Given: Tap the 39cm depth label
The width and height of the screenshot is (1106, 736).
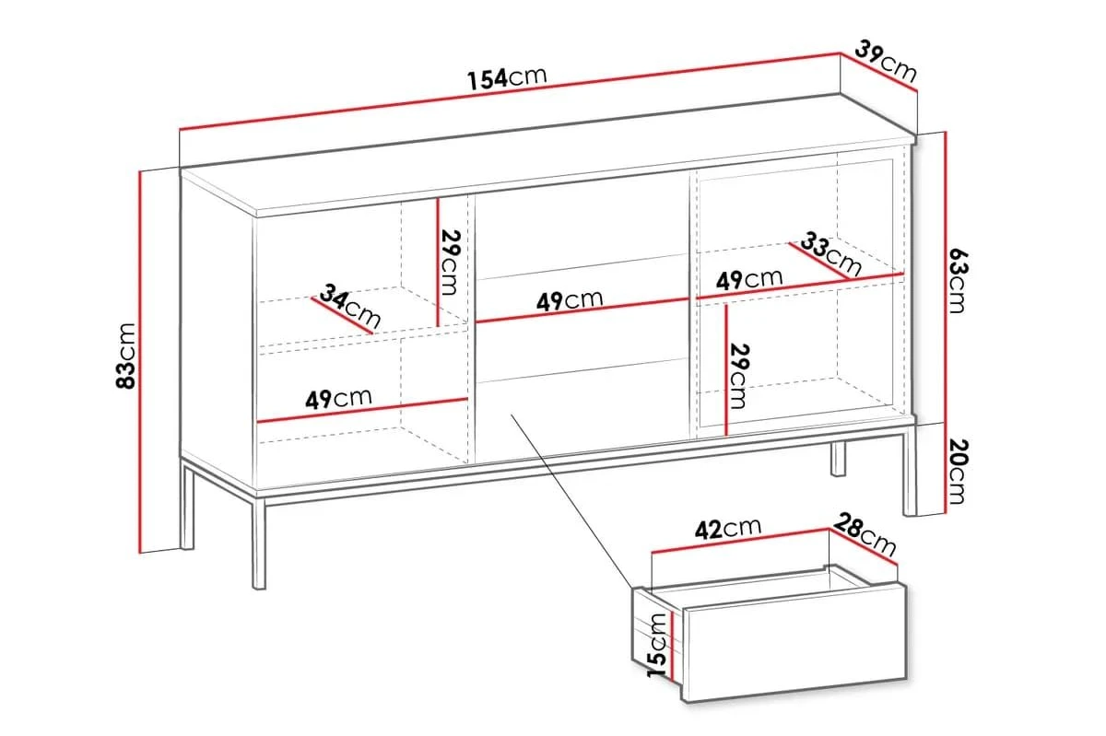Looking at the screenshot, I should [885, 61].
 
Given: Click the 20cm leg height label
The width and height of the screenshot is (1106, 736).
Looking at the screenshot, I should [957, 472].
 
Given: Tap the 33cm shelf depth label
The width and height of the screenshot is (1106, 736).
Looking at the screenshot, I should [831, 255].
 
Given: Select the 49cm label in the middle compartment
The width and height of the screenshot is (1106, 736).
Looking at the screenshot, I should [571, 300].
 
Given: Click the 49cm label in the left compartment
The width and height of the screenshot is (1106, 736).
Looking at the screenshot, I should [339, 398].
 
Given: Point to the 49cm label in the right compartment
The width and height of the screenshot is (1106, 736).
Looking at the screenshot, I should [749, 279].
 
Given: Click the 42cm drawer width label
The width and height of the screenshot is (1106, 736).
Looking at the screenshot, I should [729, 528].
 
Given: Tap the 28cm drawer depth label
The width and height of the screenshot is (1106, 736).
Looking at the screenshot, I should [865, 533].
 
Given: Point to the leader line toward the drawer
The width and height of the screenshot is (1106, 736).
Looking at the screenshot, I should [571, 502].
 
